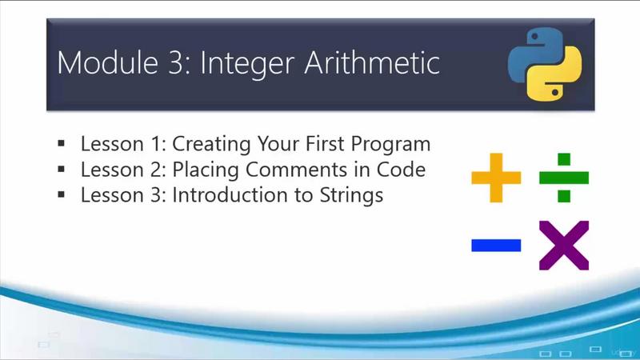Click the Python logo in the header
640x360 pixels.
(545, 64)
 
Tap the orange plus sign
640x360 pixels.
(496, 178)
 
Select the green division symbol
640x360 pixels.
(564, 178)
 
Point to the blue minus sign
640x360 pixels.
(496, 246)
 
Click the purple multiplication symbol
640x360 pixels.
(564, 246)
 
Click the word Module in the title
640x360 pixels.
(107, 62)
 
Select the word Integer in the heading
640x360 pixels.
(247, 65)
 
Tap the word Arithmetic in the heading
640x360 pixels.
(372, 62)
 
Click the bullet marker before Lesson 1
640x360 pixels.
(62, 143)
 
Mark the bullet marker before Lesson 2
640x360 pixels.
(62, 169)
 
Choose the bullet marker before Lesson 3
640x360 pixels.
(62, 194)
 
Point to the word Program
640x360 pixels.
(390, 145)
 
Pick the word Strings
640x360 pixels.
(351, 196)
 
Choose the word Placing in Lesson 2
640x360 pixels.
(206, 170)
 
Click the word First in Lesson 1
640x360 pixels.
(325, 144)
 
